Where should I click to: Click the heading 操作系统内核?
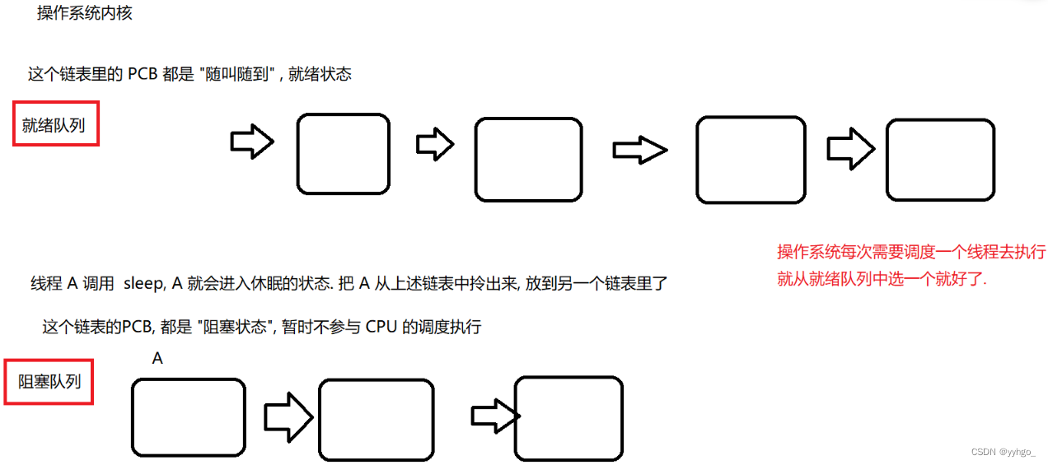point(85,12)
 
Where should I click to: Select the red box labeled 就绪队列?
point(56,123)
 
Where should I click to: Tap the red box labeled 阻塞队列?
point(49,381)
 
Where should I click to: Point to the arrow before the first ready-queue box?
point(252,141)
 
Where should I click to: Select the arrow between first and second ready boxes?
point(435,144)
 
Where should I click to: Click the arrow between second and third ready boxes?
point(640,150)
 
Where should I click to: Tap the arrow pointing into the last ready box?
point(850,149)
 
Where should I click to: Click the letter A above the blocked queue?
point(157,359)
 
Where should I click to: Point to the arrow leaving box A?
point(288,417)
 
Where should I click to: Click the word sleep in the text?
point(144,284)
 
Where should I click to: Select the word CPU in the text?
point(381,327)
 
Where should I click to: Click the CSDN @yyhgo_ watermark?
point(1003,452)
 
